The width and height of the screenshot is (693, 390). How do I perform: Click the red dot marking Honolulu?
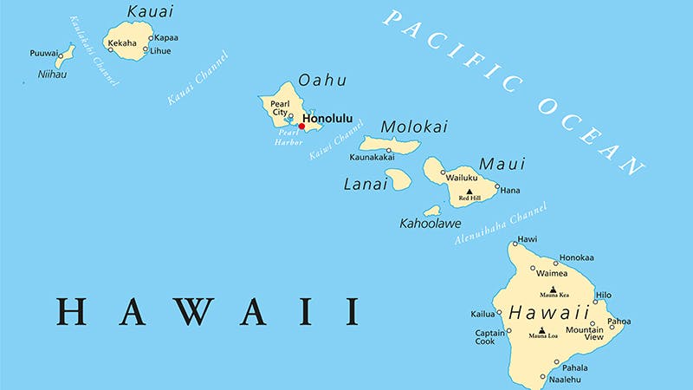301,127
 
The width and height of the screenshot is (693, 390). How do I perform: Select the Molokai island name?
414,127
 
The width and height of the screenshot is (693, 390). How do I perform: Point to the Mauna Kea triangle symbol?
554,289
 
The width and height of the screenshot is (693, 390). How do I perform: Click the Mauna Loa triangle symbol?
542,330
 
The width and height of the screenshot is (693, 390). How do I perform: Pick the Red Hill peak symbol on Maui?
470,192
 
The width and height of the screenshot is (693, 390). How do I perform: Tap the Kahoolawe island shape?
432,211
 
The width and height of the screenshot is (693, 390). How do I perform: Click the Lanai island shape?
398,179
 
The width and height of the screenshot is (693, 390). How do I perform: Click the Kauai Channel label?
198,79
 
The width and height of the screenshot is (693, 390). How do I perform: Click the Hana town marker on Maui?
496,185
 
